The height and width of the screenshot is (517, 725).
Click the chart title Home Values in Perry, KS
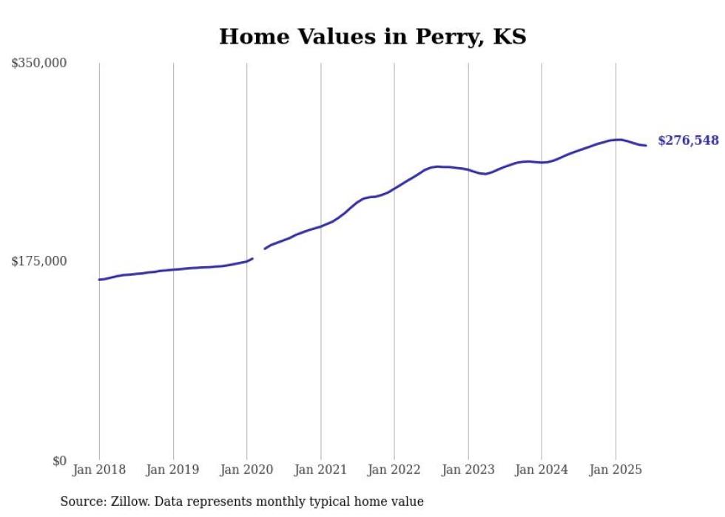372,36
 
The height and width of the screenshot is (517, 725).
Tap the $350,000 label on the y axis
38,64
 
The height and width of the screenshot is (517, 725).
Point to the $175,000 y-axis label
38,261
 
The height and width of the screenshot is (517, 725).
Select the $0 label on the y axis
59,461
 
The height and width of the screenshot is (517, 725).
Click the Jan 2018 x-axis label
99,470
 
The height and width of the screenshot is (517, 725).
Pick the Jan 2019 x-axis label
173,470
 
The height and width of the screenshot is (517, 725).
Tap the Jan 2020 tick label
246,470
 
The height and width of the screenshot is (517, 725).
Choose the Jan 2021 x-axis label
320,470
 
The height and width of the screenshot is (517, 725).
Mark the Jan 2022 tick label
394,470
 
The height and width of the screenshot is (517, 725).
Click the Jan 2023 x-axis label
468,470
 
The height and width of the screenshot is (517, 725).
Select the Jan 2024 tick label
542,470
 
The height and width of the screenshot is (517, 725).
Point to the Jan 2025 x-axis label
616,470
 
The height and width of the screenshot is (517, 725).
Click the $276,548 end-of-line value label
688,141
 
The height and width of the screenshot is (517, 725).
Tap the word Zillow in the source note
127,501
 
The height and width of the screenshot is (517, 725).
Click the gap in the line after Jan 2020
259,253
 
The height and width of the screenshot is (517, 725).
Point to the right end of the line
646,145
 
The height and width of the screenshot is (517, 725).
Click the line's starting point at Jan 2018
99,280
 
